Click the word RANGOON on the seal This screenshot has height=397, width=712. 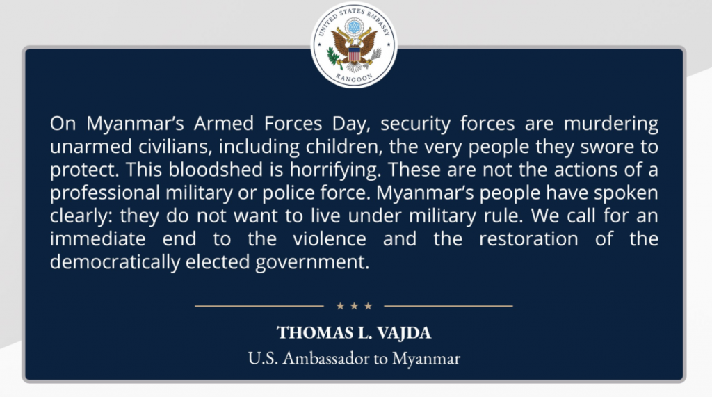click(355, 78)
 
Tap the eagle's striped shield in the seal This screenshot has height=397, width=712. click(354, 54)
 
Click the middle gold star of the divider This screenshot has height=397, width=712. click(354, 306)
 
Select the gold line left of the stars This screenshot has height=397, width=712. click(259, 306)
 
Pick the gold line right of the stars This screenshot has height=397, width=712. click(448, 306)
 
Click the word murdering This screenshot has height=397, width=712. click(610, 124)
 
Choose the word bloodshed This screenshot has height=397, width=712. click(216, 170)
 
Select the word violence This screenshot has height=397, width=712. click(329, 239)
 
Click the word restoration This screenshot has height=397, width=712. click(528, 239)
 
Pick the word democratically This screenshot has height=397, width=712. click(115, 263)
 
